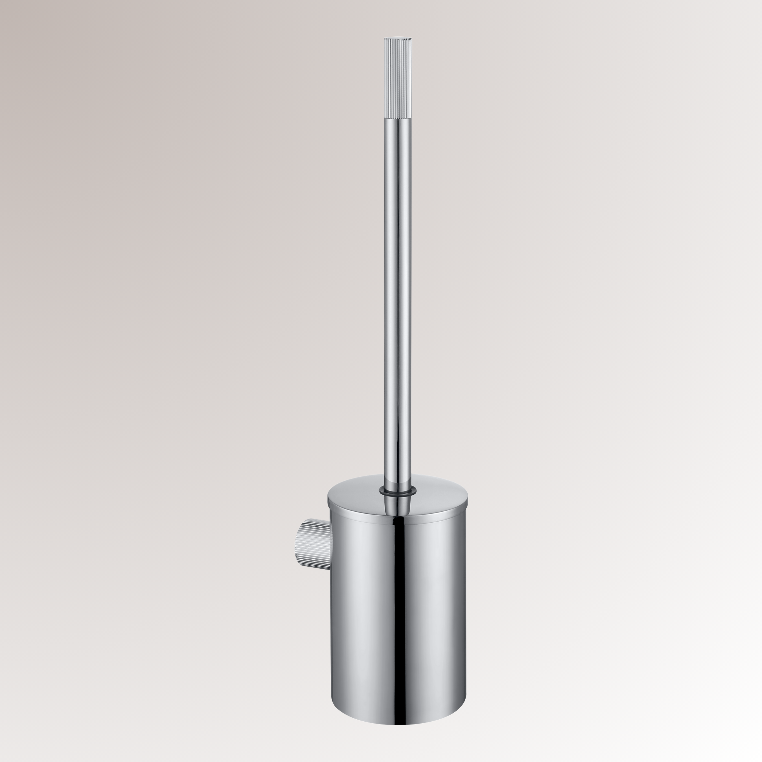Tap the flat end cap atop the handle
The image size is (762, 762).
click(398, 38)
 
